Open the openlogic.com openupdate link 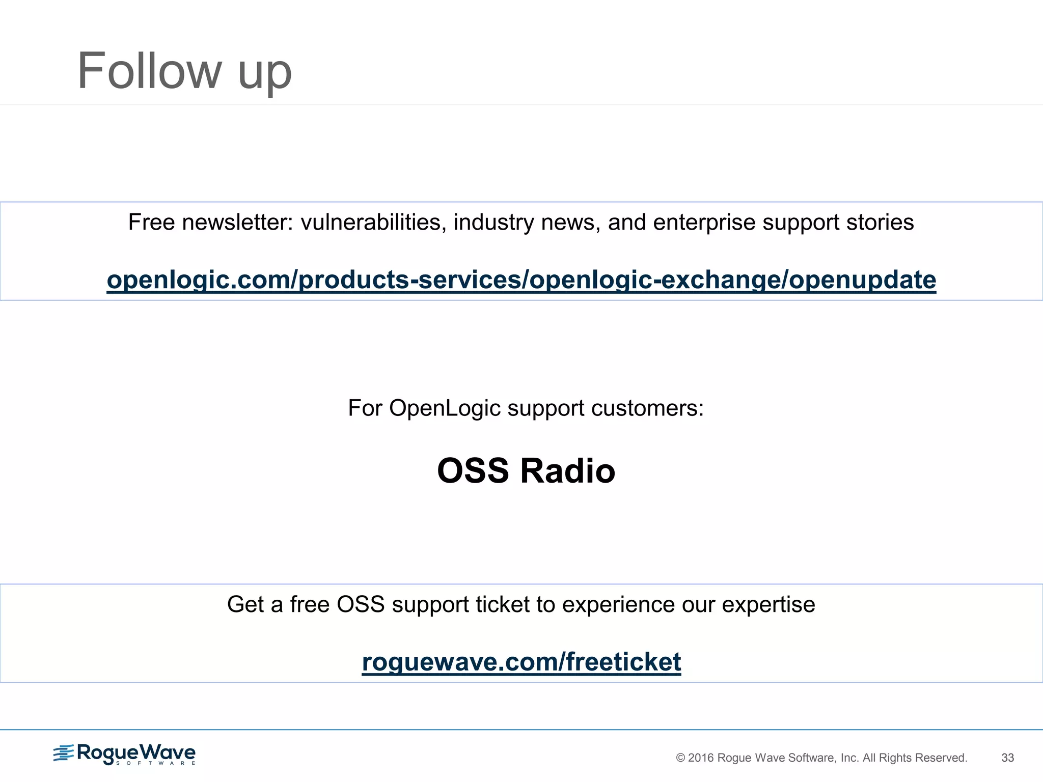pyautogui.click(x=521, y=280)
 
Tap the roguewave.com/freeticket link pyautogui.click(x=521, y=662)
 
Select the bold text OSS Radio pyautogui.click(x=526, y=470)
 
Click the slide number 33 pyautogui.click(x=1007, y=758)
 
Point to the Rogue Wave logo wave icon pyautogui.click(x=63, y=752)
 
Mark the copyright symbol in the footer pyautogui.click(x=680, y=758)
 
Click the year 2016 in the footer pyautogui.click(x=701, y=758)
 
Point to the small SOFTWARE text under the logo pyautogui.click(x=155, y=763)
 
